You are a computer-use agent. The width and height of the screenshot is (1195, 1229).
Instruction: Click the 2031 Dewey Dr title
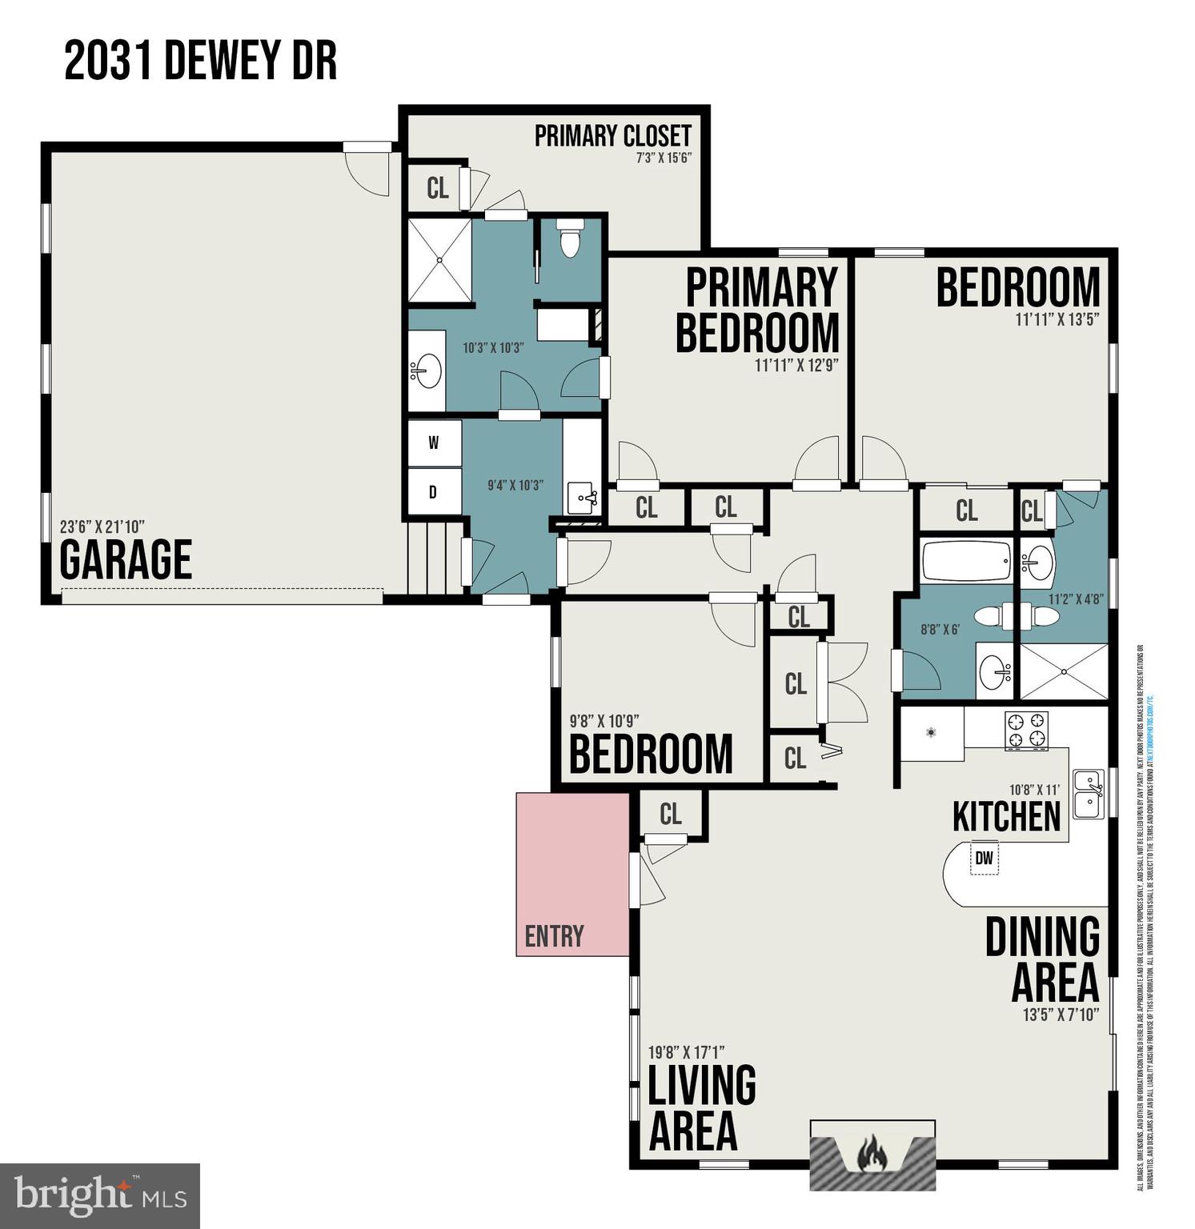pyautogui.click(x=200, y=62)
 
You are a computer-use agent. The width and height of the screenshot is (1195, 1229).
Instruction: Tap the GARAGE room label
pyautogui.click(x=126, y=559)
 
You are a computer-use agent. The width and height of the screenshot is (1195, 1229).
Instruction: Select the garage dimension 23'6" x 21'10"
pyautogui.click(x=102, y=527)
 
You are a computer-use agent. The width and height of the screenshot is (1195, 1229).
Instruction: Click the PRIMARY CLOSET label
pyautogui.click(x=612, y=136)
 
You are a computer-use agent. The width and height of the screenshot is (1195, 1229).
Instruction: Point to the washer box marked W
pyautogui.click(x=434, y=443)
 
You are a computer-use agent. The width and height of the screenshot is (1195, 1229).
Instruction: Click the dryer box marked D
pyautogui.click(x=433, y=492)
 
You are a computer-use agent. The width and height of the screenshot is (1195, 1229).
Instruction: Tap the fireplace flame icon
pyautogui.click(x=872, y=1154)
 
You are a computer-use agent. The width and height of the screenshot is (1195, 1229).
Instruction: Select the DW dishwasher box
pyautogui.click(x=984, y=859)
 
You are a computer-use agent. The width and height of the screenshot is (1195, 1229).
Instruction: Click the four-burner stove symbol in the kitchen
pyautogui.click(x=1026, y=730)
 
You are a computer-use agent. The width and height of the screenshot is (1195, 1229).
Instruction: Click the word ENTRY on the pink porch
pyautogui.click(x=554, y=935)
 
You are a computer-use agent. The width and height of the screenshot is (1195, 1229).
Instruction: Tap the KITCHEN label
pyautogui.click(x=1006, y=816)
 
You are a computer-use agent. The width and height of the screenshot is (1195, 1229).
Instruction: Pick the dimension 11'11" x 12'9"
pyautogui.click(x=796, y=366)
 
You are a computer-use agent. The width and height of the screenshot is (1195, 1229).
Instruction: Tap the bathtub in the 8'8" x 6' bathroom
pyautogui.click(x=966, y=562)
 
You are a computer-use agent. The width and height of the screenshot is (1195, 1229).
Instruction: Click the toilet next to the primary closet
pyautogui.click(x=569, y=238)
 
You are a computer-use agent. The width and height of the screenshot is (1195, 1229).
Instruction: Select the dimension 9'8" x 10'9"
pyautogui.click(x=604, y=720)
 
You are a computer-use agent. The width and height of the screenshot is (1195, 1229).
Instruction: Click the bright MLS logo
pyautogui.click(x=99, y=1195)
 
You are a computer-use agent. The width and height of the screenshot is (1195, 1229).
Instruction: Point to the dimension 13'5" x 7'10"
pyautogui.click(x=1061, y=1015)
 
